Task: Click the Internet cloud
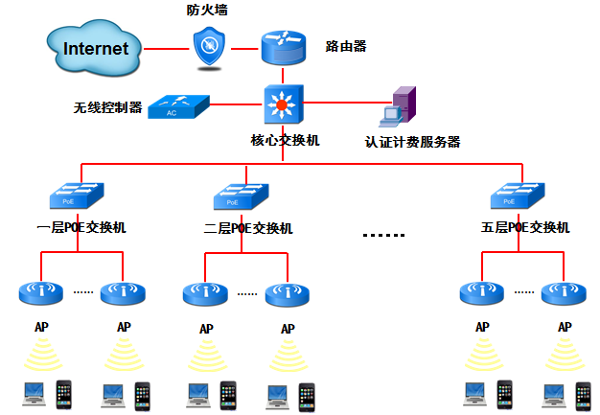click(x=93, y=48)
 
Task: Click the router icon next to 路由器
click(x=283, y=47)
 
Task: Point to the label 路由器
click(x=346, y=46)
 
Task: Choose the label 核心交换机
click(x=285, y=140)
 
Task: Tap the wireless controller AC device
click(x=179, y=106)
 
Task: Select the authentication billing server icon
click(x=399, y=107)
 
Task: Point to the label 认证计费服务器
click(x=412, y=142)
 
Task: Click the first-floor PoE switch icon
click(x=78, y=196)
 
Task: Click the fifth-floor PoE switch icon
click(x=517, y=196)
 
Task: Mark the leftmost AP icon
click(x=41, y=291)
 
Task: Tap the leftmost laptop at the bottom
click(x=35, y=392)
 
